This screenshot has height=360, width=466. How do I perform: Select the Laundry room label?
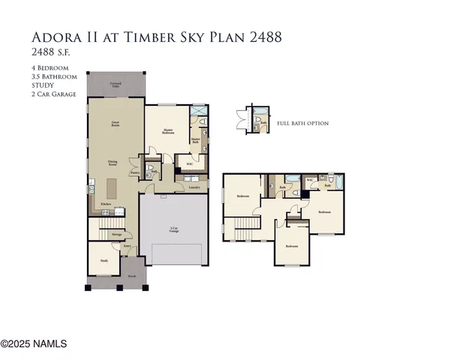[194, 187]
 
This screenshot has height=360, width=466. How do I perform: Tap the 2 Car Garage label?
[173, 230]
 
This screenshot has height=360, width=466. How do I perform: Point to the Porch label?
[131, 276]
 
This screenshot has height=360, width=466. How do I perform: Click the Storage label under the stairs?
[117, 235]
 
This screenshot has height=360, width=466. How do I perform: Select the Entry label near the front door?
[128, 245]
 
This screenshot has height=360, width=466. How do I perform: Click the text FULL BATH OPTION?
[302, 123]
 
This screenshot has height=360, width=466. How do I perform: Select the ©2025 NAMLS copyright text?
[34, 344]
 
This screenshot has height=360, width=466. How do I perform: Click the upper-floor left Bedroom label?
[242, 196]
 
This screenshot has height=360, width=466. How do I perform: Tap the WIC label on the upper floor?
[309, 181]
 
